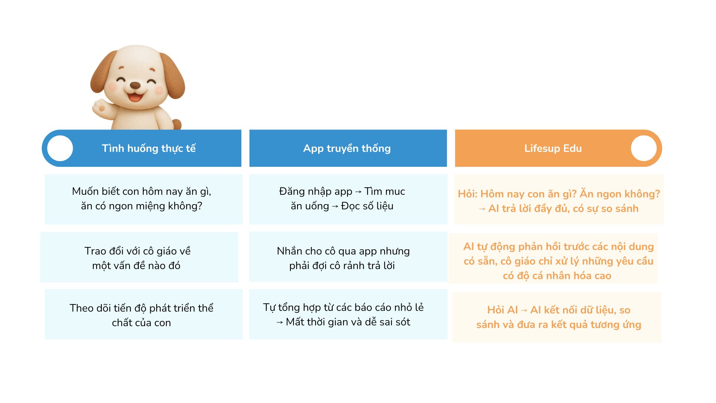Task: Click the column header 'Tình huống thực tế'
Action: pos(149,149)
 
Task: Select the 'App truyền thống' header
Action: pos(347,149)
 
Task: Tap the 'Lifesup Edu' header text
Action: pos(553,149)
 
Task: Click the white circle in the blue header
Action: pos(60,148)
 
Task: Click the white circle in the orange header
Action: pos(644,148)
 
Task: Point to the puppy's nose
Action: pos(135,85)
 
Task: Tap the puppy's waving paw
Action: pos(100,108)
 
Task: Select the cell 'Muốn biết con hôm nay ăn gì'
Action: pos(144,199)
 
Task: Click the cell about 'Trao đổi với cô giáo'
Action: pos(139,257)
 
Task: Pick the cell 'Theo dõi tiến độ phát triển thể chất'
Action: pos(144,314)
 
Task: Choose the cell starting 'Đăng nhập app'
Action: pos(348,199)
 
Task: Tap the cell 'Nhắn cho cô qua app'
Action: pos(348,257)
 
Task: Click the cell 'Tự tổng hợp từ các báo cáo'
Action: pos(348,314)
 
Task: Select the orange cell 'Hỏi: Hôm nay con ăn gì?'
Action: pos(559,199)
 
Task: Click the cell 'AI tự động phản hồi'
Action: pos(553,258)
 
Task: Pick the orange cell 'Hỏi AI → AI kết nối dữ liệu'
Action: pos(557,317)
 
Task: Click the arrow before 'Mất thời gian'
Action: pos(280,323)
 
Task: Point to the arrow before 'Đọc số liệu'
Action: pos(335,207)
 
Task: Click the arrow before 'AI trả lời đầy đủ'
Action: pos(482,209)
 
